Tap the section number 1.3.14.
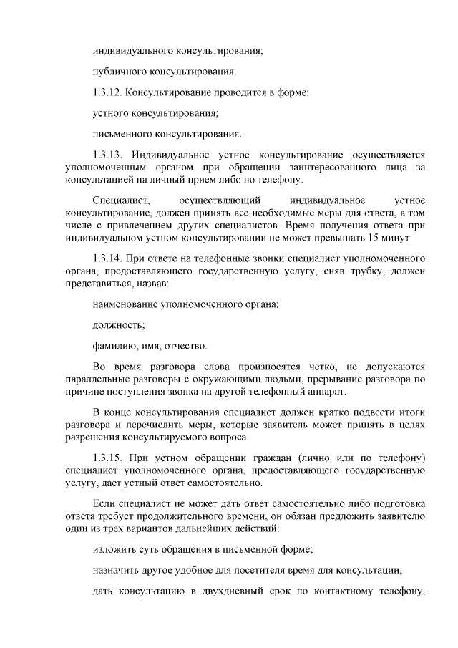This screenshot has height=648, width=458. pos(109,257)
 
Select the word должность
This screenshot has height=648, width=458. pos(119,325)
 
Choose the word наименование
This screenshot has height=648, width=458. pos(126,304)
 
